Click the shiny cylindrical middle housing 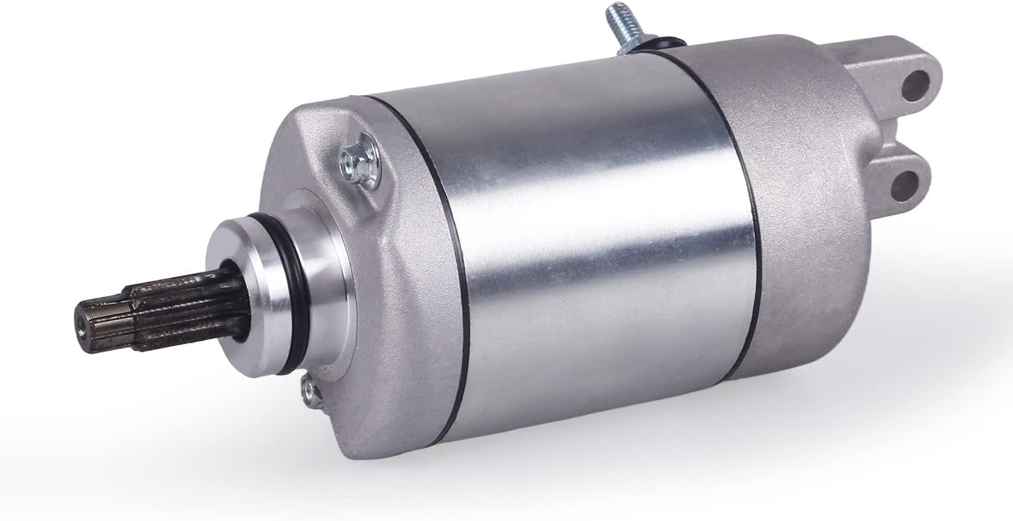pos(586,247)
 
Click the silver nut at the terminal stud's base pos(635,40)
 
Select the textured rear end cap pos(807,215)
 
